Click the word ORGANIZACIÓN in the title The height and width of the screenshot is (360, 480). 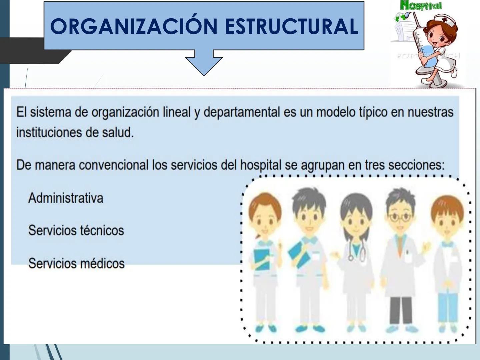134,26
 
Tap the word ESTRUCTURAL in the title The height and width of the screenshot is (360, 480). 291,26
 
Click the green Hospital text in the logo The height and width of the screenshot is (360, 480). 421,6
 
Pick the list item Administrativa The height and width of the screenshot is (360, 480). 66,198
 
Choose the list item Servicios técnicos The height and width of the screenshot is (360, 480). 76,230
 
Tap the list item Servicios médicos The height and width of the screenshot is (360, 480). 76,263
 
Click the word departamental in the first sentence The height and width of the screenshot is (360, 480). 242,112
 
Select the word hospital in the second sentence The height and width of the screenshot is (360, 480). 261,165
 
